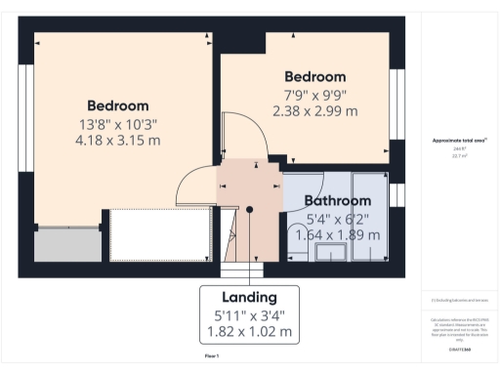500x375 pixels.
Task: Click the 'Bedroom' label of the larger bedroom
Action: click(x=117, y=105)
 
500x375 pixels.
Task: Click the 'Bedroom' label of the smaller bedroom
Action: click(x=314, y=77)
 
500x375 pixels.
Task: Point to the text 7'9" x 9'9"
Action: click(x=314, y=95)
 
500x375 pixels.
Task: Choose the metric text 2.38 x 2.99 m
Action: click(x=314, y=111)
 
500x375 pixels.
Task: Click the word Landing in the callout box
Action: click(x=250, y=297)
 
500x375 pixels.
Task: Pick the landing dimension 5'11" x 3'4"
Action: click(x=250, y=314)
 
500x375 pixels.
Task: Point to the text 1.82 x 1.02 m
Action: click(x=250, y=331)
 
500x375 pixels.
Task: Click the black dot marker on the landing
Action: click(x=250, y=208)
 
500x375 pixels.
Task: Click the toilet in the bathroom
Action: click(x=299, y=234)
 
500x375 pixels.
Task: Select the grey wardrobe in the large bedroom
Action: click(x=68, y=245)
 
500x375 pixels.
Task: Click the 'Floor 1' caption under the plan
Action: click(x=211, y=357)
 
